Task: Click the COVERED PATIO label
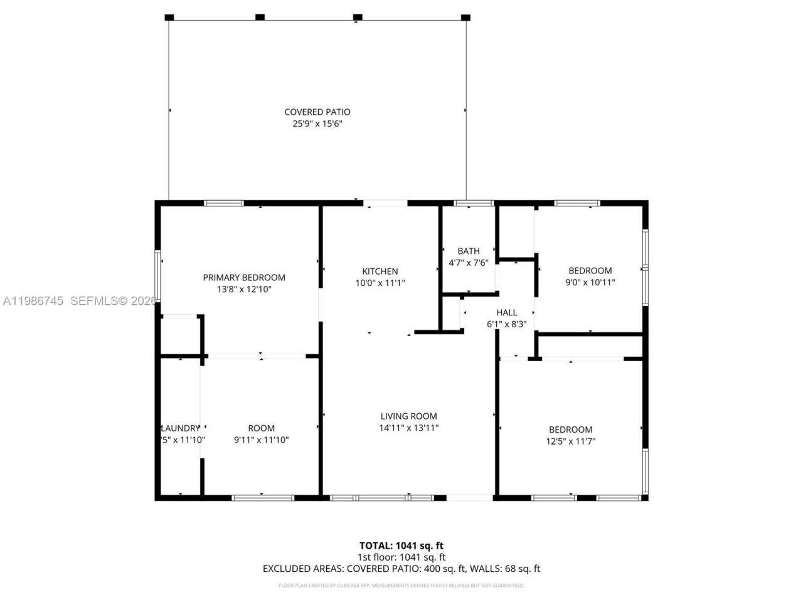tap(317, 112)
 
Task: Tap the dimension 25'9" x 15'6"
tap(317, 124)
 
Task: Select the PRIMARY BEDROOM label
tap(244, 277)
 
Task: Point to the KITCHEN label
tap(380, 272)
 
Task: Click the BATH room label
tap(469, 251)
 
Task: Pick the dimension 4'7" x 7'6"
tap(468, 263)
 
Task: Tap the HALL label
tap(507, 312)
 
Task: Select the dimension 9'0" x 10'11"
tap(590, 282)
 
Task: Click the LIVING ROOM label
tap(409, 416)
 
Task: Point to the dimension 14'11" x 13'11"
tap(409, 428)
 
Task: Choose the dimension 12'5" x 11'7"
tap(570, 441)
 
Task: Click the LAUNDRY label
tap(181, 428)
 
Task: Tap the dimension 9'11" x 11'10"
tap(261, 440)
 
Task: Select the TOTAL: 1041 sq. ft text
tap(401, 546)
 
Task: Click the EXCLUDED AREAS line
tap(401, 569)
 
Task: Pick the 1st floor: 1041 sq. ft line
tap(401, 557)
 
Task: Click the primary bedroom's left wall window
tap(157, 277)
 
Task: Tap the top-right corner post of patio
tap(465, 18)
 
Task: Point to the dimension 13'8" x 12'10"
tap(244, 289)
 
